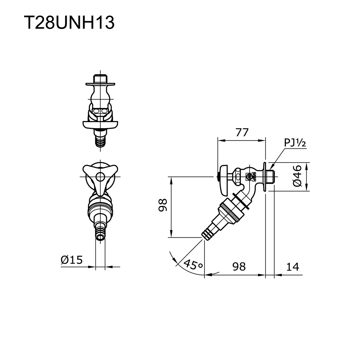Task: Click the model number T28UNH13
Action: point(69,23)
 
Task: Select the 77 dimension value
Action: point(242,132)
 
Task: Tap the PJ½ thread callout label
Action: point(295,143)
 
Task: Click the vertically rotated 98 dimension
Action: point(163,205)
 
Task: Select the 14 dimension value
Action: point(293,266)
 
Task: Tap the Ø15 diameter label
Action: point(72,259)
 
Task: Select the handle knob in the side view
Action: point(224,177)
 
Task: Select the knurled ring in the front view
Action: point(100,207)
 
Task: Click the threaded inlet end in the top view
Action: point(100,78)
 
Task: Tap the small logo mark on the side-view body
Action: point(248,176)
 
